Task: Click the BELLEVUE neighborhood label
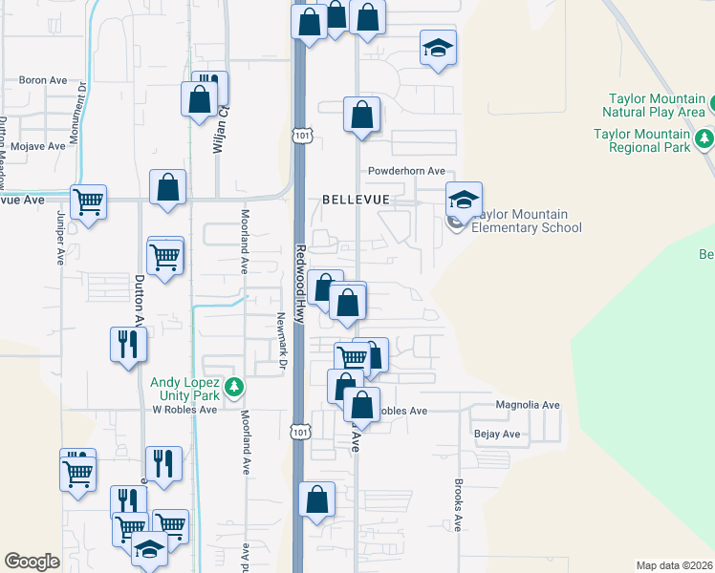tap(357, 200)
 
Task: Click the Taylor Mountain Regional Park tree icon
tap(705, 140)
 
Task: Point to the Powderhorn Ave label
tap(407, 171)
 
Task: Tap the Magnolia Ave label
tap(527, 405)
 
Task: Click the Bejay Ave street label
tap(497, 434)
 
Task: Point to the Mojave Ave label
tap(37, 146)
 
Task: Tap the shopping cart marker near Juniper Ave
tap(87, 202)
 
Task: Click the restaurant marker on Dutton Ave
tap(128, 344)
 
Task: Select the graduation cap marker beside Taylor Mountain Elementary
tap(464, 199)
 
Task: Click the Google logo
tap(32, 562)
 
